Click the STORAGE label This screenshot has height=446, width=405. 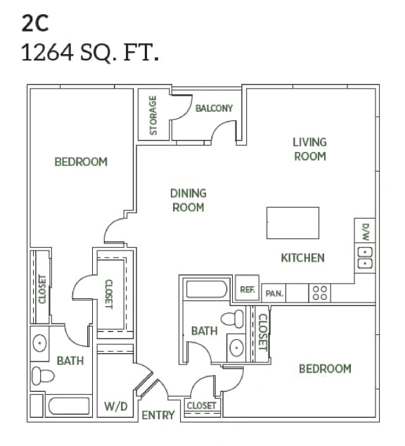[153, 115]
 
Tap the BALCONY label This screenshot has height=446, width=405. [214, 108]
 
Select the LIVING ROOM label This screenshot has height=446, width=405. [310, 149]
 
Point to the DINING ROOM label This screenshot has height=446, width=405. [188, 200]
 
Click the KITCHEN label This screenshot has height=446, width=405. [303, 257]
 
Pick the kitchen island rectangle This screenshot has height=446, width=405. [292, 224]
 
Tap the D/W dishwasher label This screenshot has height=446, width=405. [365, 232]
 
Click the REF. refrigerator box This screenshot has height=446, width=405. [247, 289]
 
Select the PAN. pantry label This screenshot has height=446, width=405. [274, 293]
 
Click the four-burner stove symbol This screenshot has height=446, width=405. [320, 293]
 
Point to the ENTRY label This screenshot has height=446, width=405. [158, 415]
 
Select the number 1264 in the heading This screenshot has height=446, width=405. [48, 53]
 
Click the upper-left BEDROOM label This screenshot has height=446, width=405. [81, 162]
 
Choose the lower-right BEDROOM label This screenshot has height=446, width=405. [325, 369]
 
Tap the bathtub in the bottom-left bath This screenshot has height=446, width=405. [69, 407]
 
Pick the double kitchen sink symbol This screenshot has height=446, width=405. [365, 259]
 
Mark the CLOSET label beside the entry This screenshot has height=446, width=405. [201, 406]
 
